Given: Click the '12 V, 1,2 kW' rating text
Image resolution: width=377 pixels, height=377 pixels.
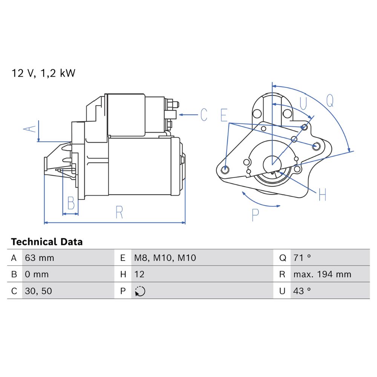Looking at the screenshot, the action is [x=43, y=74].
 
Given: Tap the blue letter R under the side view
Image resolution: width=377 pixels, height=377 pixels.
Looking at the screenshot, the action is [x=119, y=212].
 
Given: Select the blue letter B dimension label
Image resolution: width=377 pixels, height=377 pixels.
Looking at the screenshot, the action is [x=71, y=203].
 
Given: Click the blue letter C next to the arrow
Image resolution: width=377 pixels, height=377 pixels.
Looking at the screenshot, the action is [x=204, y=115].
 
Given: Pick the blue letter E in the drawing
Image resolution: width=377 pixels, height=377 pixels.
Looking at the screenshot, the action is [x=224, y=115].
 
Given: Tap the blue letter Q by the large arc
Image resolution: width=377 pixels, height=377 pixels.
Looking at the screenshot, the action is [x=330, y=101].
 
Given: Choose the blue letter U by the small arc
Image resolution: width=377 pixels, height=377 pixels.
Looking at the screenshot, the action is [x=303, y=104].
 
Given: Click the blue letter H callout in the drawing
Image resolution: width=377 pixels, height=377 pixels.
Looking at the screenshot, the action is [x=322, y=195].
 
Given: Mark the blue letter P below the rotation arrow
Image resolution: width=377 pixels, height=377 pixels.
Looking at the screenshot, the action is [x=255, y=215].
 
